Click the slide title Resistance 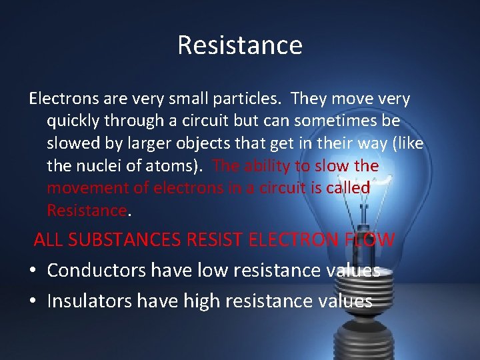(240, 45)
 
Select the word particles (252, 99)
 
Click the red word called (348, 188)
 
